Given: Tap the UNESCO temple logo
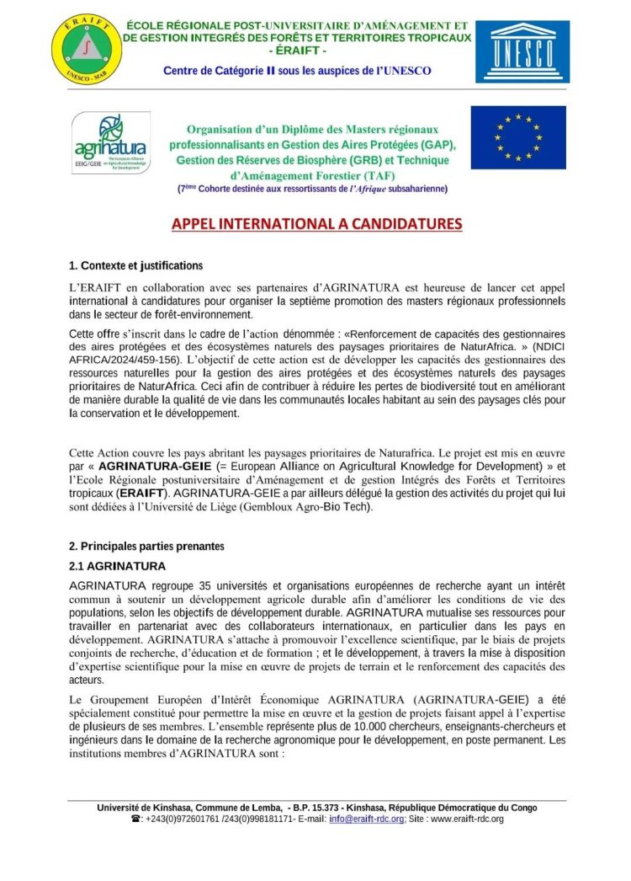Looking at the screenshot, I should click(522, 51).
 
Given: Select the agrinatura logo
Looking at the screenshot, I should click(109, 143).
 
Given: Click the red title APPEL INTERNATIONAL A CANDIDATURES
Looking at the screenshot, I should click(316, 224).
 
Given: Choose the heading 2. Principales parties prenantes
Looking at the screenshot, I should click(146, 547).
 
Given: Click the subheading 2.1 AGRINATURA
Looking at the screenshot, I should click(117, 566).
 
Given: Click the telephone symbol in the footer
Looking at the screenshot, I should click(136, 819).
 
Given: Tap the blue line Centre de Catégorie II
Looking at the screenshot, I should click(297, 71).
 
